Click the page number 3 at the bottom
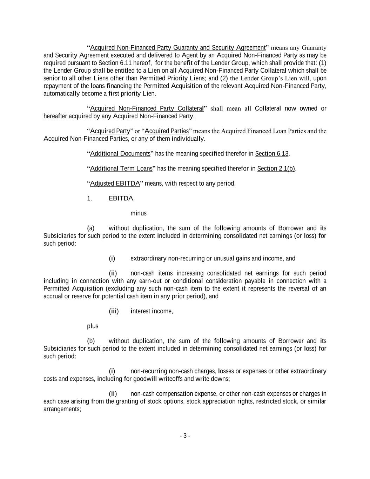(x=185, y=436)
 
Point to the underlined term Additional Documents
(x=120, y=154)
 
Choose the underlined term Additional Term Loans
(x=121, y=169)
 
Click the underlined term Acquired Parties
(x=167, y=131)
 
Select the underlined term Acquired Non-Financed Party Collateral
(x=147, y=108)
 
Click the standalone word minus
(x=139, y=213)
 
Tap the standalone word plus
(x=93, y=326)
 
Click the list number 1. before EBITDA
(x=89, y=199)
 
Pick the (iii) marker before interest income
(x=114, y=311)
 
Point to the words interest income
(x=152, y=311)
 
